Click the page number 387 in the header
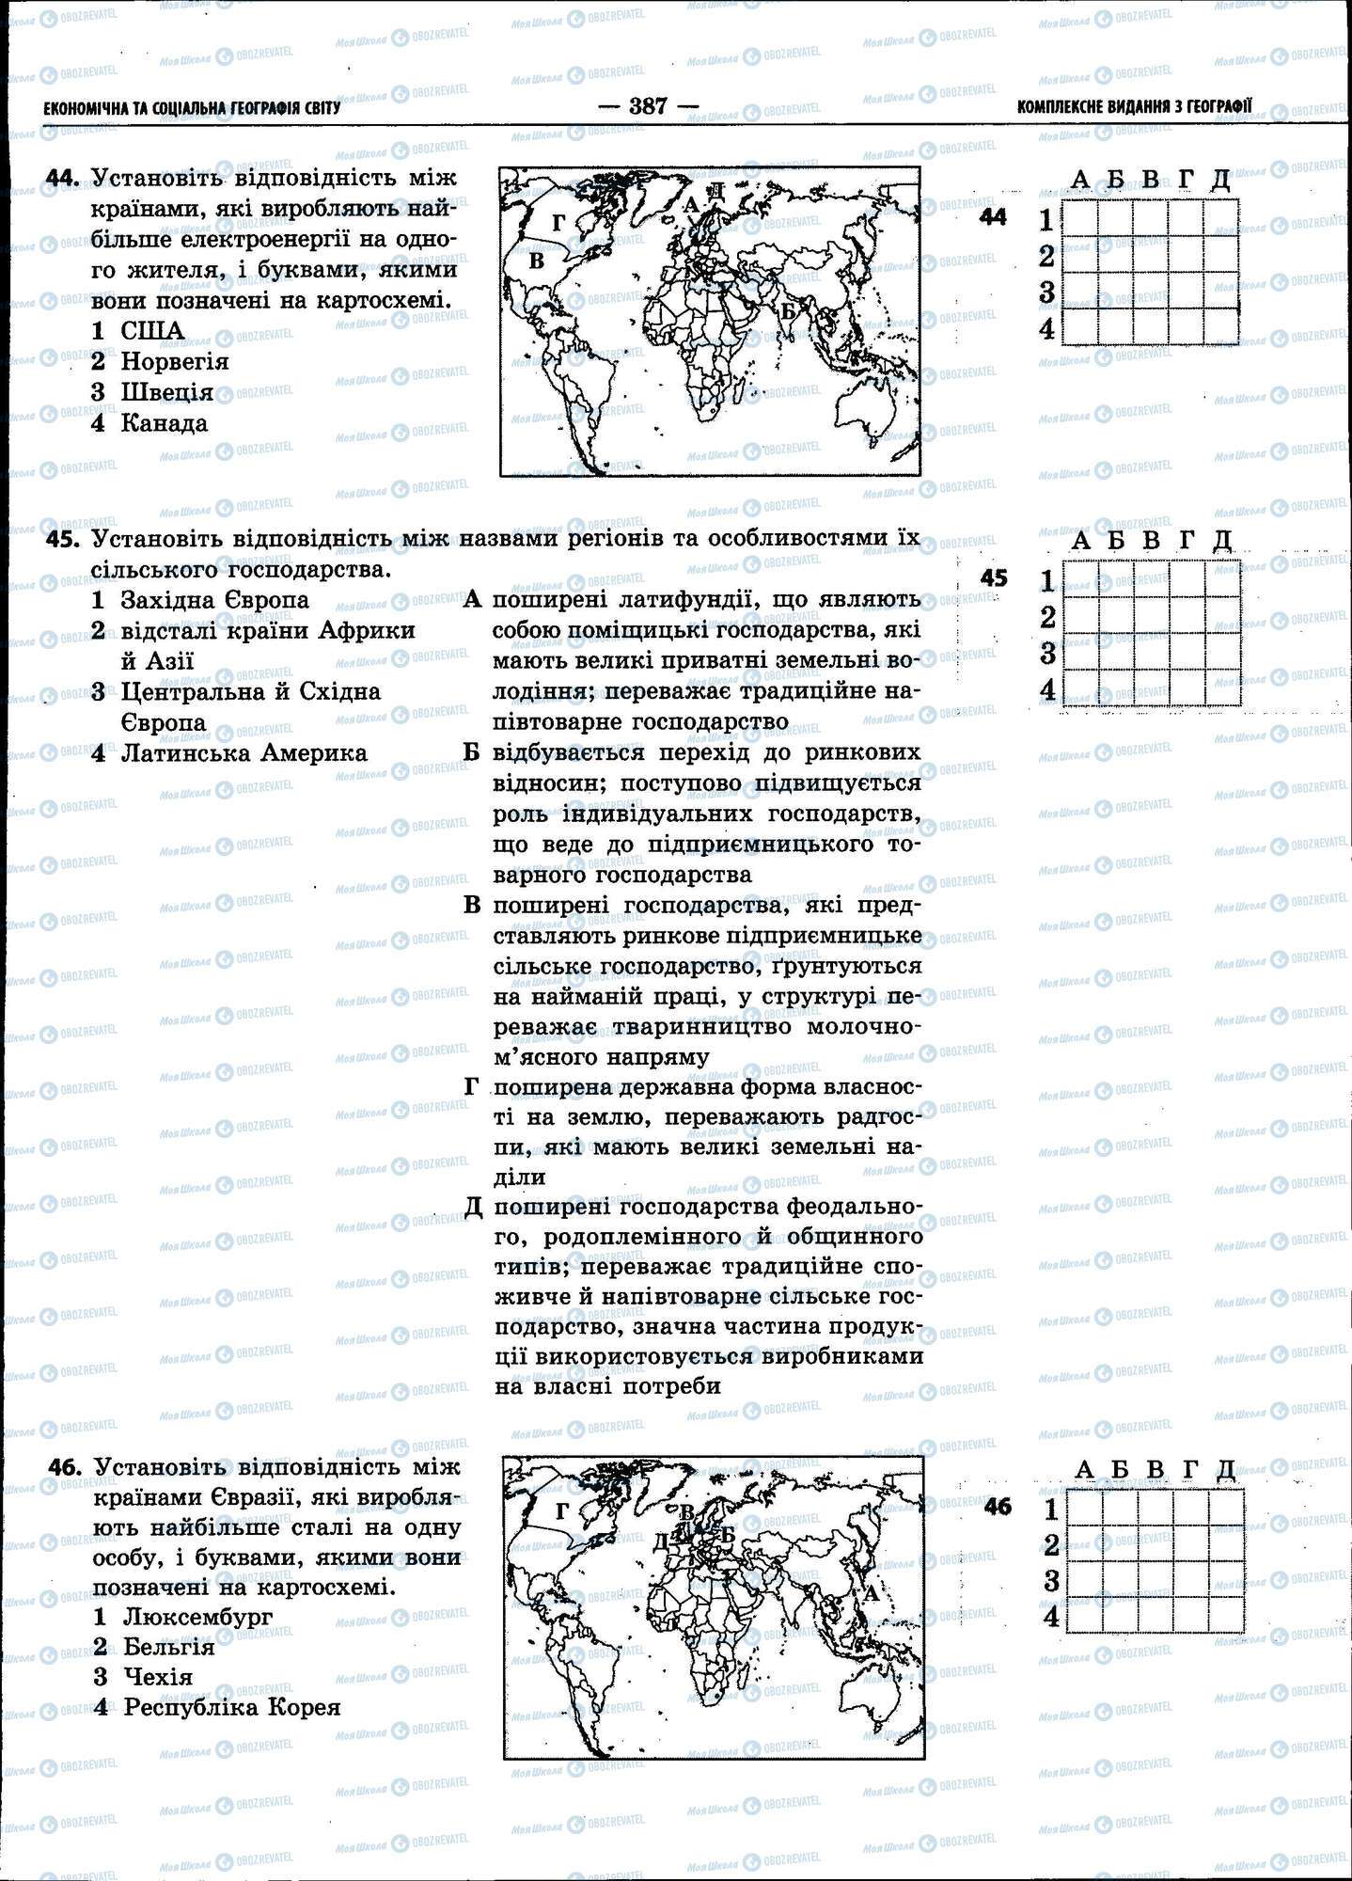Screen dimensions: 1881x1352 648,106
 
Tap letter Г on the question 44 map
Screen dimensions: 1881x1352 558,223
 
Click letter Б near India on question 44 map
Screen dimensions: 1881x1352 788,309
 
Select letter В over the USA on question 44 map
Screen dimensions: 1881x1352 537,261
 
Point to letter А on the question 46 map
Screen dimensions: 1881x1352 871,1593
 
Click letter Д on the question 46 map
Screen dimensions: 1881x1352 660,1541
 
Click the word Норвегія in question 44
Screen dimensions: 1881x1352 175,361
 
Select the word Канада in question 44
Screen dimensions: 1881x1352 164,423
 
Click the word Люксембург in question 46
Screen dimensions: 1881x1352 197,1617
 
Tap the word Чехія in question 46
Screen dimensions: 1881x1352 158,1677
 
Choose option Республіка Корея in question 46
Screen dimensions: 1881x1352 231,1707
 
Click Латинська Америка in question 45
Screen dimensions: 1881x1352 244,753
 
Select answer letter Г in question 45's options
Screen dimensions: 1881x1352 472,1087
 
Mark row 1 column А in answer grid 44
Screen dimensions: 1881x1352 1079,218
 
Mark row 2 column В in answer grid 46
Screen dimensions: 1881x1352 1155,1544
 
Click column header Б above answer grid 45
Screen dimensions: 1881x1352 1116,540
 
